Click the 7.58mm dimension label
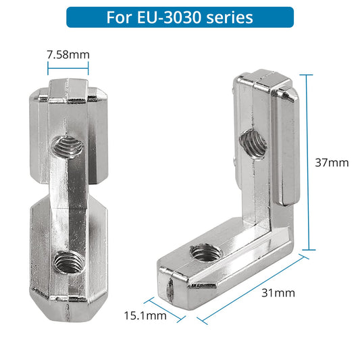(68, 54)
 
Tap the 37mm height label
(332, 162)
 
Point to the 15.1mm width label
(145, 315)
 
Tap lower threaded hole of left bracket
(66, 259)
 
